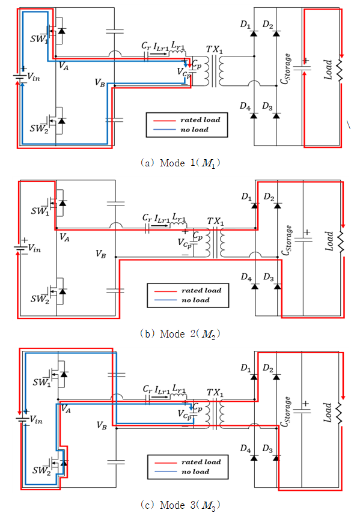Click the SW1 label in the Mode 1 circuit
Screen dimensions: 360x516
tap(39, 39)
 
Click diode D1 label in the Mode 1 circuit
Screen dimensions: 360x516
tap(245, 25)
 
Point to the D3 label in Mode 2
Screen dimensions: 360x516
tap(269, 278)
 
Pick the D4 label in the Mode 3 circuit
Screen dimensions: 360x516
tap(245, 449)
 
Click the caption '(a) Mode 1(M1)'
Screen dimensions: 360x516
tap(180, 163)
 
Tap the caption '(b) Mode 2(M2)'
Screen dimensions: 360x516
tap(180, 334)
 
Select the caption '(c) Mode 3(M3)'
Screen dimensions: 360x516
tap(180, 505)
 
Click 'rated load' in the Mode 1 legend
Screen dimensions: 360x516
tap(200, 120)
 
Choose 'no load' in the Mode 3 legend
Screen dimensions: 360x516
tap(195, 472)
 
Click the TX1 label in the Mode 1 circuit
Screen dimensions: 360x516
tap(215, 50)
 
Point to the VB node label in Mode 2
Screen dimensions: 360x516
tap(101, 253)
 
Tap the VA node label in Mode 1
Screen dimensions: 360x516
tap(64, 65)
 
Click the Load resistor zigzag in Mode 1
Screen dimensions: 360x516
tap(340, 70)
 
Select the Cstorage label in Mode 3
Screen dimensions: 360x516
tap(286, 411)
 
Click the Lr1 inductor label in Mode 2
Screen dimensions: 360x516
tap(179, 218)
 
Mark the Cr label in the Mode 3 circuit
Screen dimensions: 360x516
tap(147, 389)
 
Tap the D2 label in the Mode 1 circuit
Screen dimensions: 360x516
tap(268, 25)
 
